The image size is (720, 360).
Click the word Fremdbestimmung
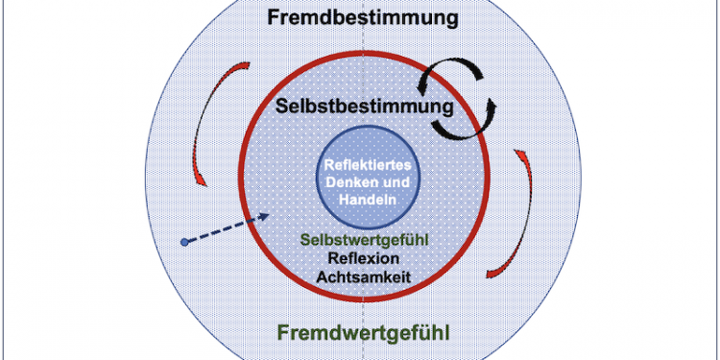(x=363, y=18)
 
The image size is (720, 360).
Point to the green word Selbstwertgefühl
(x=363, y=240)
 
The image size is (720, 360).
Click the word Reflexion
(x=363, y=258)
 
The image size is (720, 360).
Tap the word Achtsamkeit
(x=363, y=276)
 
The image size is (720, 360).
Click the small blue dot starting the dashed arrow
(x=183, y=241)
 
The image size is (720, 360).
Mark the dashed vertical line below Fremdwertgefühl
(x=363, y=351)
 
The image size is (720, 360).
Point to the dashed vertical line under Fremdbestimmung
(x=363, y=48)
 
